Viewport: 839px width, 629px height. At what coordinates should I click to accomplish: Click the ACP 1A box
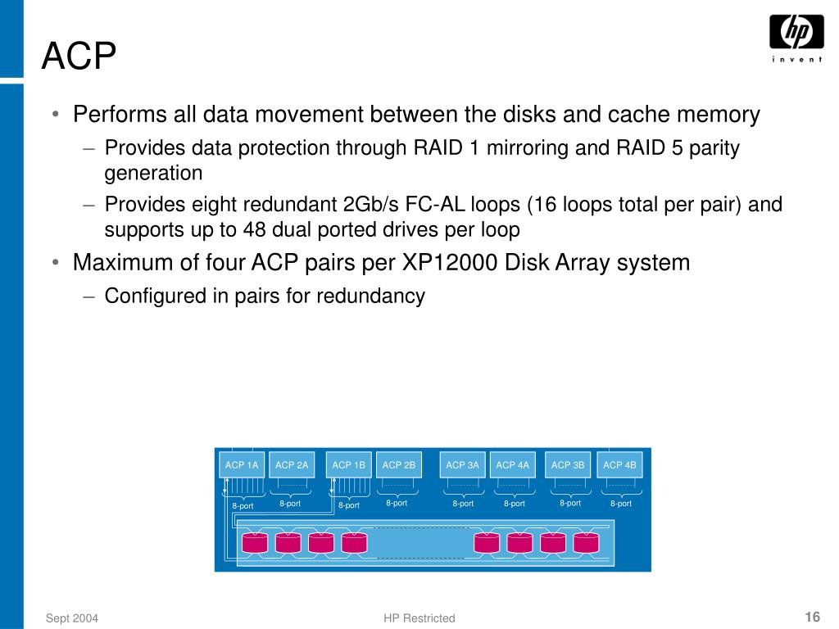(242, 465)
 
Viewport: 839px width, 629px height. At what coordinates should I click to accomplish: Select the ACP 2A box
(292, 465)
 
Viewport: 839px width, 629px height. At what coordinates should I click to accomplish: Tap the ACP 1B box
(348, 465)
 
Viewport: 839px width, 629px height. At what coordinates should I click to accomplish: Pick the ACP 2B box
(399, 465)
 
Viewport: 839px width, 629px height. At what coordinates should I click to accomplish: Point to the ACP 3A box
(462, 465)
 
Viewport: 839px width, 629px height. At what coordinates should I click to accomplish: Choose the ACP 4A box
(513, 465)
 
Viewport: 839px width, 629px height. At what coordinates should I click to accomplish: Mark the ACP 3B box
(568, 465)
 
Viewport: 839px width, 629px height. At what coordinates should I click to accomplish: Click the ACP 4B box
(619, 465)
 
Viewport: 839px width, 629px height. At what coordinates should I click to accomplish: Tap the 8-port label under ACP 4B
(621, 504)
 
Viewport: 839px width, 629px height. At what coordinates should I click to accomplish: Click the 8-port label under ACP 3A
(463, 504)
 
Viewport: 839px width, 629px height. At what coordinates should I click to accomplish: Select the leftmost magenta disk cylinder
(255, 542)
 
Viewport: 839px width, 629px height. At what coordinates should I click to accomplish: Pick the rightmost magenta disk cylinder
(586, 542)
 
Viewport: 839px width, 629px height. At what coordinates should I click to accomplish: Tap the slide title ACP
(79, 56)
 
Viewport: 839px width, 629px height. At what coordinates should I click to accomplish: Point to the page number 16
(813, 617)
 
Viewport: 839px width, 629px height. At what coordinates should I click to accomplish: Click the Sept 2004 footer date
(72, 618)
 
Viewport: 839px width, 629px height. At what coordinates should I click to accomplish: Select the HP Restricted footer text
(419, 618)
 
